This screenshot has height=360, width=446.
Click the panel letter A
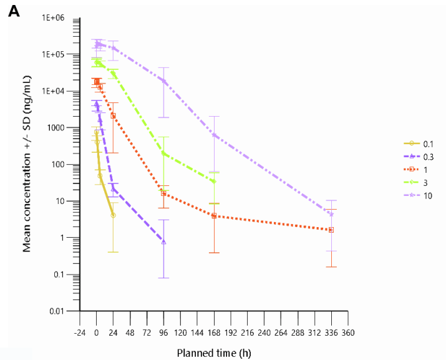[14, 12]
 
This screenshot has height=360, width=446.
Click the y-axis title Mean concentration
[27, 170]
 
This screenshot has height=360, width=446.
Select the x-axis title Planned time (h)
[214, 353]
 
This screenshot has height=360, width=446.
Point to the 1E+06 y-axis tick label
[54, 17]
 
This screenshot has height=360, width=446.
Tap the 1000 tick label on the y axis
[58, 128]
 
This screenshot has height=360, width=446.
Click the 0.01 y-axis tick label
[58, 311]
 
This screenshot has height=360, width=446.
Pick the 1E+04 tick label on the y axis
[54, 91]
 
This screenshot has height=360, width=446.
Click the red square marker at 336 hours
[331, 230]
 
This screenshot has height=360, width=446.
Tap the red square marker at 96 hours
[164, 193]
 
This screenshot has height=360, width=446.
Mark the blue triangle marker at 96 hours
[164, 241]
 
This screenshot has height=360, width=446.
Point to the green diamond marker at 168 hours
[214, 182]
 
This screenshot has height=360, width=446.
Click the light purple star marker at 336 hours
[331, 215]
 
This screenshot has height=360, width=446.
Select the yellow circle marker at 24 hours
[113, 215]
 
